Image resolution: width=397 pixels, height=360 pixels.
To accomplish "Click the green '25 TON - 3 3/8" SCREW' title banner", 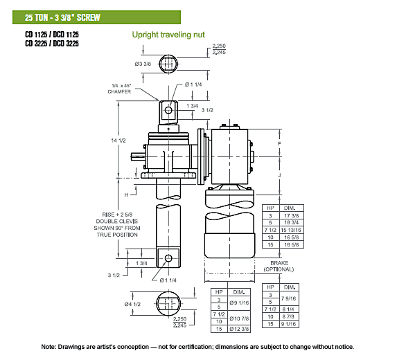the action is click(x=96, y=17).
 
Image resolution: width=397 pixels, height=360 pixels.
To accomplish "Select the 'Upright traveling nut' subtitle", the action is click(x=168, y=35).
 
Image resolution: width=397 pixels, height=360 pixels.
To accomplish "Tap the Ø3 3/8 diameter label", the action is click(x=143, y=64).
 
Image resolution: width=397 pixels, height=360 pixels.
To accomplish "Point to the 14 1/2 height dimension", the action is click(x=118, y=141).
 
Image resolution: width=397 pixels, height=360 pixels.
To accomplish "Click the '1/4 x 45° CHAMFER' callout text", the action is click(x=119, y=89).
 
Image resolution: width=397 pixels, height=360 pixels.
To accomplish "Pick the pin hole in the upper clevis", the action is click(x=168, y=110).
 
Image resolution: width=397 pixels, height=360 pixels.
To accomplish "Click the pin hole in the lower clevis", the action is click(x=168, y=258).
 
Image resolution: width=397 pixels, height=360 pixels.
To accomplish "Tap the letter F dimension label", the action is click(x=279, y=144).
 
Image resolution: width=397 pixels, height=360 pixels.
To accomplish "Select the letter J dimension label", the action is click(x=279, y=175).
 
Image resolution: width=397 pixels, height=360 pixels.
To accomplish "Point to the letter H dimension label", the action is click(x=126, y=195).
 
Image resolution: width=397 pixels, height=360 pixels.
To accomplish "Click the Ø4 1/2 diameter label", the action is click(x=132, y=304).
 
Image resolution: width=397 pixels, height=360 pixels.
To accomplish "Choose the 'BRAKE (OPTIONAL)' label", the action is click(x=279, y=266).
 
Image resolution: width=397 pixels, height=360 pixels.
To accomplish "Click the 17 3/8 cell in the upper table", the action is click(x=292, y=216).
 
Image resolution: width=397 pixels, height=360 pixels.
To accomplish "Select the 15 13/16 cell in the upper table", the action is click(x=292, y=230).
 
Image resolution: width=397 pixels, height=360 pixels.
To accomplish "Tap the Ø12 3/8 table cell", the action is click(x=239, y=329).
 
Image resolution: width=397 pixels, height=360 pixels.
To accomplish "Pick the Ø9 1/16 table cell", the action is click(x=239, y=303).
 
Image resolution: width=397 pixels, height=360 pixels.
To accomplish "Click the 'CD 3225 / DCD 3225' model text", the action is click(x=52, y=44).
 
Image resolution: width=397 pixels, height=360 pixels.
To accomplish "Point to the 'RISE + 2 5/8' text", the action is click(x=117, y=215).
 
